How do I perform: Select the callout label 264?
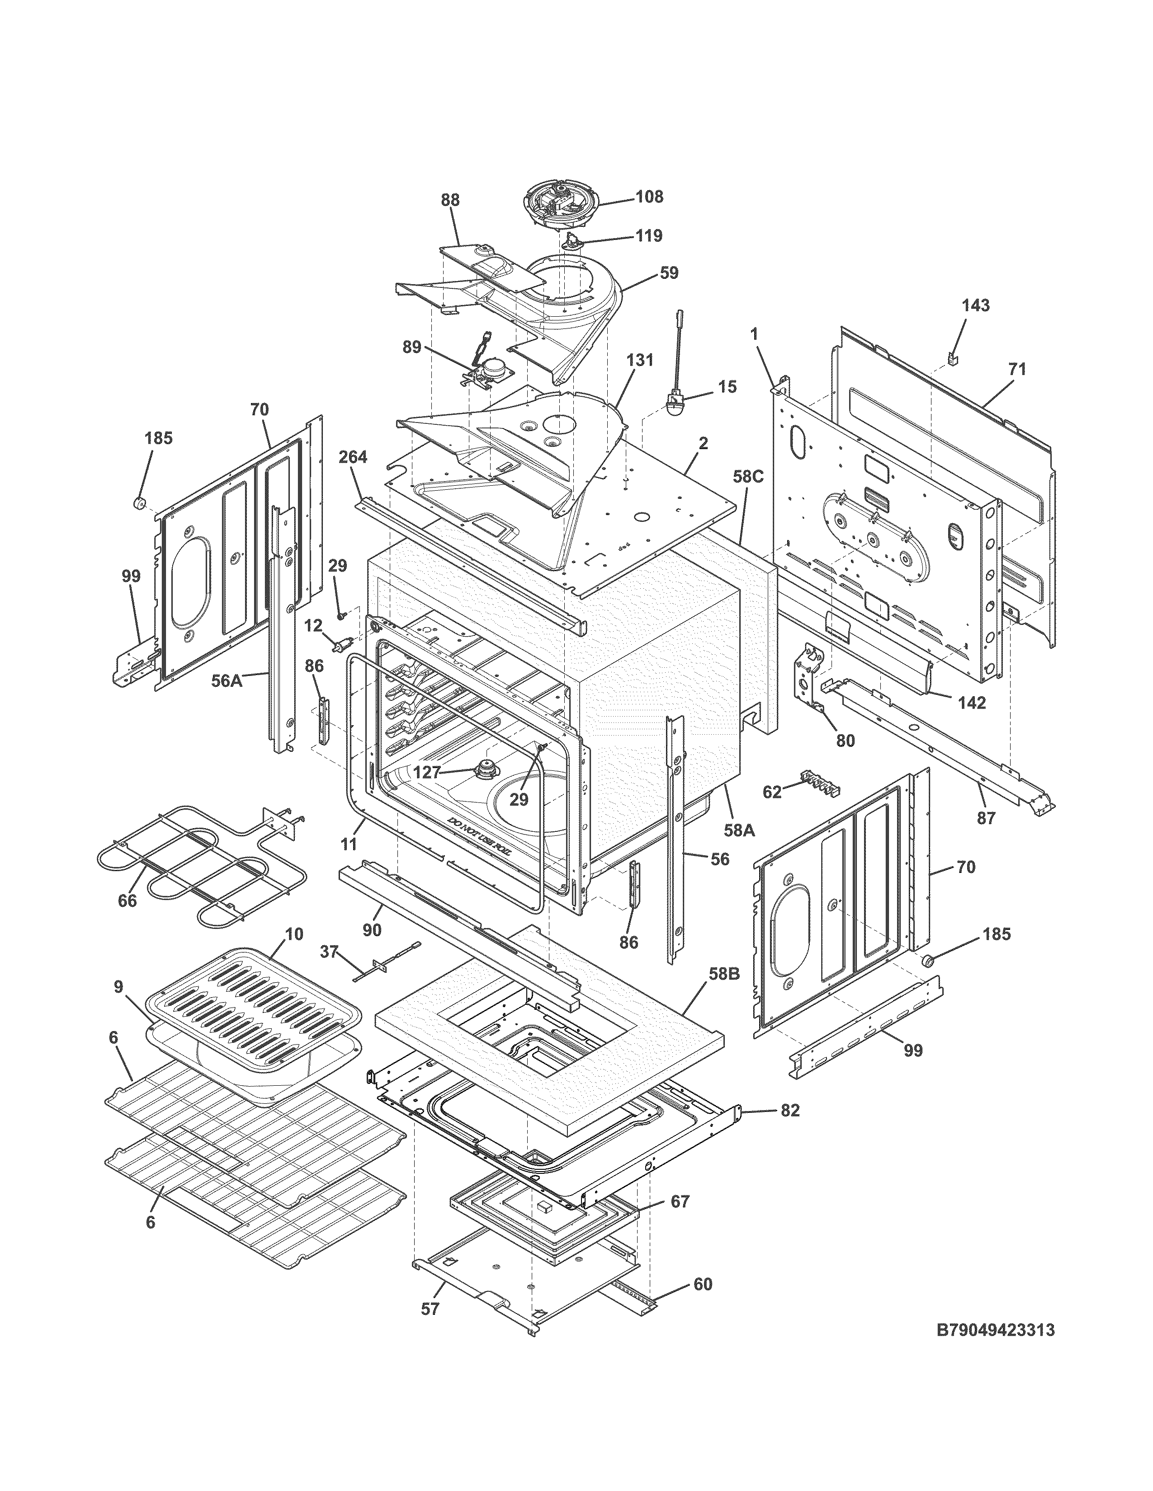[353, 457]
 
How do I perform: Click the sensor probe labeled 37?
[386, 963]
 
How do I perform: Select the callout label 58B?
[723, 974]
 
